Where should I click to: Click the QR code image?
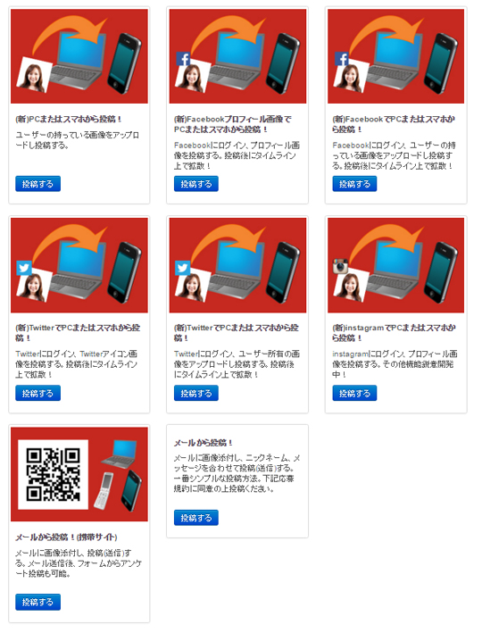click(54, 474)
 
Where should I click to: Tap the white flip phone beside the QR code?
click(104, 491)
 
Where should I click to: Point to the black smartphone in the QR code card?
click(131, 490)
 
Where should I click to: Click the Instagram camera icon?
click(341, 266)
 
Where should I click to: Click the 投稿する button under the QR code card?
click(38, 602)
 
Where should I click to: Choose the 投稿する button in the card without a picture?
click(196, 518)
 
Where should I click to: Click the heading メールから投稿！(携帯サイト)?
click(66, 537)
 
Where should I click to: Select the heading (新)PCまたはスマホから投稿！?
click(69, 119)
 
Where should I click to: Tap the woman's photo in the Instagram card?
click(351, 285)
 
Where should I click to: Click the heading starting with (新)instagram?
click(394, 333)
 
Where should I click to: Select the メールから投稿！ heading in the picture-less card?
click(204, 443)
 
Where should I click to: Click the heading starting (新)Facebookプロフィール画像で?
click(233, 124)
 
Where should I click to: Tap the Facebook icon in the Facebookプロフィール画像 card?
click(183, 59)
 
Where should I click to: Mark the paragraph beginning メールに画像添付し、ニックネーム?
click(237, 473)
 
